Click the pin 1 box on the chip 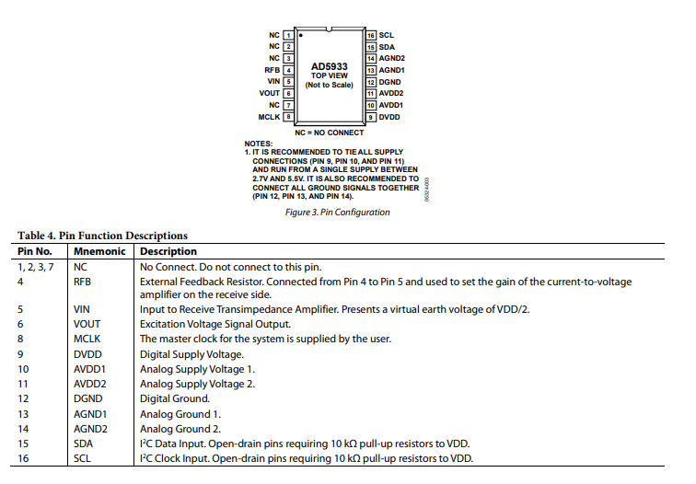point(287,35)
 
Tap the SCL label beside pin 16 point(387,35)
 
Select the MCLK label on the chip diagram point(269,117)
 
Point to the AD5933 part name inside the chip point(329,66)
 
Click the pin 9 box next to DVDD point(370,117)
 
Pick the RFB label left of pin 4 point(272,70)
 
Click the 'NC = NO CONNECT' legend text point(329,133)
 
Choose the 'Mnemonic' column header point(99,251)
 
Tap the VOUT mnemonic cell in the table point(88,324)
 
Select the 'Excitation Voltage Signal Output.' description point(215,324)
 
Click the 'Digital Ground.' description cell point(175,398)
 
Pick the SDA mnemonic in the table point(84,443)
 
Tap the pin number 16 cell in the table point(24,457)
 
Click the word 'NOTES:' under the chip point(259,144)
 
